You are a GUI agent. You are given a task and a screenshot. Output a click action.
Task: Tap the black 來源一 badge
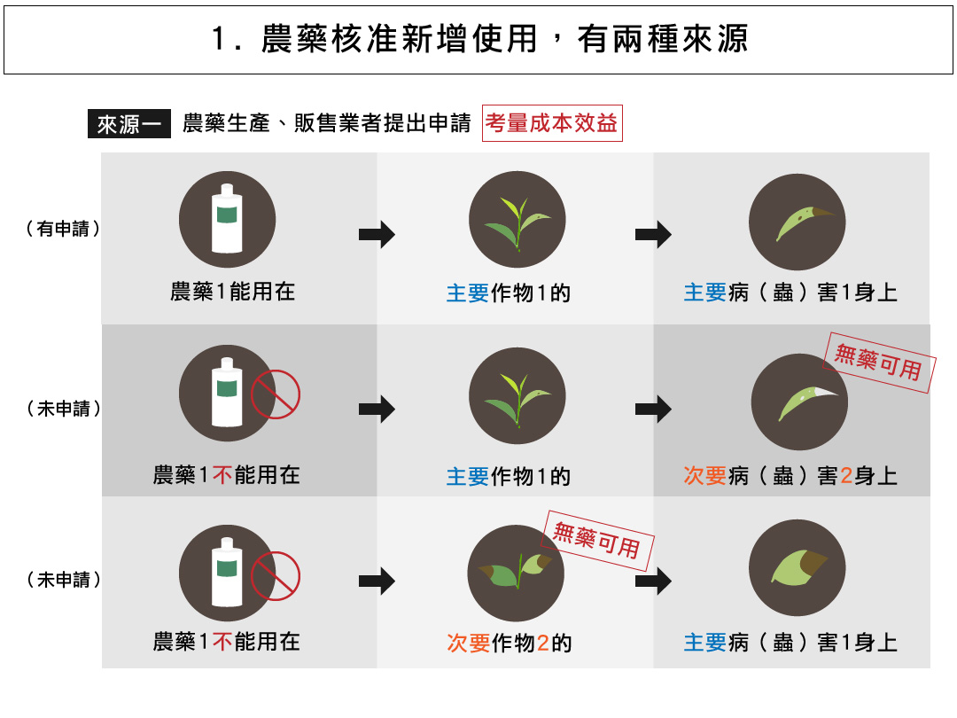128,124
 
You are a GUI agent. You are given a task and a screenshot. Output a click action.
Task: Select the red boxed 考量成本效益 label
551,124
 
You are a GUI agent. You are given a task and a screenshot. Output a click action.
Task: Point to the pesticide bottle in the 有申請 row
227,219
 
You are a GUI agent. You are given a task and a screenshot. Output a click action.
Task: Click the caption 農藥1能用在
232,292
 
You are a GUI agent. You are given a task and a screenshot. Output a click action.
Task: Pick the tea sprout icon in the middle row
516,396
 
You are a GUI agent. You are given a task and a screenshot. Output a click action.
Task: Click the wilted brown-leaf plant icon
516,573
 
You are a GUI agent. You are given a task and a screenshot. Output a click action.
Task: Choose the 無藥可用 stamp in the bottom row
597,540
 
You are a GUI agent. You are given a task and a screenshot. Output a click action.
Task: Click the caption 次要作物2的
510,643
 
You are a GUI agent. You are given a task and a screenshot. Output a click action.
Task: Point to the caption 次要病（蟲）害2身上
790,476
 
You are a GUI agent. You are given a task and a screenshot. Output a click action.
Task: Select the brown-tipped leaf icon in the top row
797,222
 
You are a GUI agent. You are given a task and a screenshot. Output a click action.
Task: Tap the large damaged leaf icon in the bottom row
797,568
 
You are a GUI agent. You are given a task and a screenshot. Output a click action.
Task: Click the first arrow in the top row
377,235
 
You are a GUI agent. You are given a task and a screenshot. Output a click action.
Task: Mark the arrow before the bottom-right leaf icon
653,581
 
